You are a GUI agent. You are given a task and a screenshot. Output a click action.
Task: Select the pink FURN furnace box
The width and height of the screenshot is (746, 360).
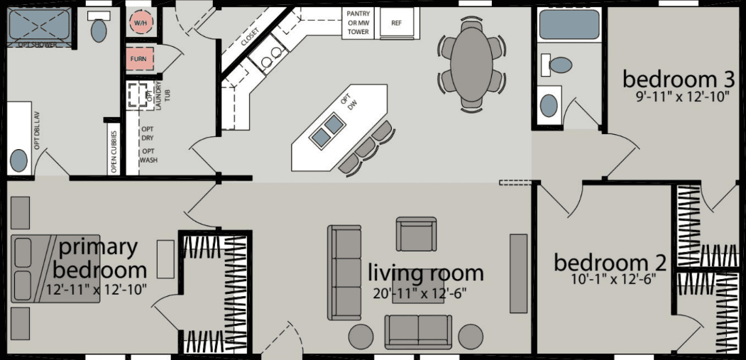138,59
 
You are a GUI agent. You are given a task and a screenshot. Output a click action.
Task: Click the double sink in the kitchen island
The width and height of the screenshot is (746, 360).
327,131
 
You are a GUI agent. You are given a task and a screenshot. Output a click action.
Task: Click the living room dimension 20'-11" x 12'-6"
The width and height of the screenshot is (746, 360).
419,292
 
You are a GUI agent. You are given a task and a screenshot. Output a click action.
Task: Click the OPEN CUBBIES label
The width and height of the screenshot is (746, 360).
114,151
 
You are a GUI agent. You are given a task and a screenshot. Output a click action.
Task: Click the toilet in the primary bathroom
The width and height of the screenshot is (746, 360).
98,28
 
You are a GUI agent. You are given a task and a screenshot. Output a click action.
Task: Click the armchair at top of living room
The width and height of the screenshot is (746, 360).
416,234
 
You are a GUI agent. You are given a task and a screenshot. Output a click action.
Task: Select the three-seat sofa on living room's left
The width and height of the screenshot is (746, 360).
344,272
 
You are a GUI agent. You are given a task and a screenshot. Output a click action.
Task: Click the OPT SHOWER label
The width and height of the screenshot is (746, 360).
39,45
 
